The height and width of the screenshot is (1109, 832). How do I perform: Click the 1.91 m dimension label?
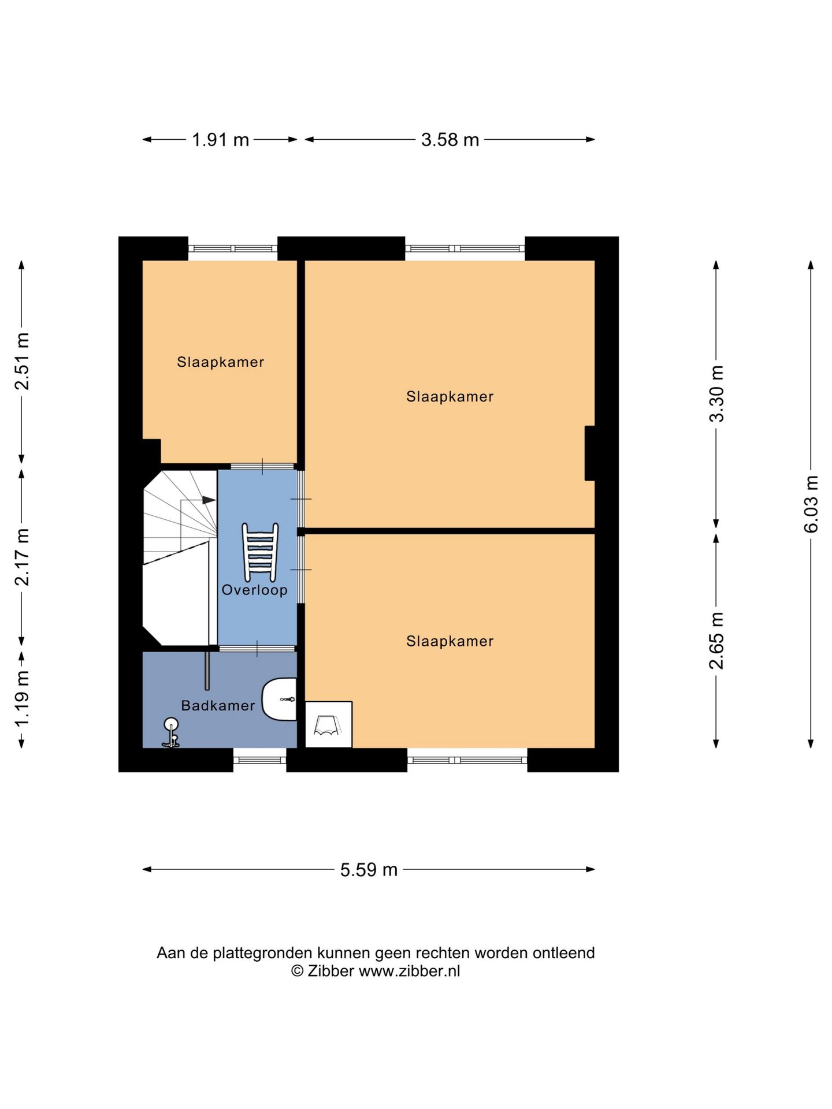click(220, 140)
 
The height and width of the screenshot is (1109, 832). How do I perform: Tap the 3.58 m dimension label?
click(450, 140)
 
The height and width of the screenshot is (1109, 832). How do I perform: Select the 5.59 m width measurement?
click(369, 870)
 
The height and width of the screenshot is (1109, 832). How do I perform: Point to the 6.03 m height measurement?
click(811, 504)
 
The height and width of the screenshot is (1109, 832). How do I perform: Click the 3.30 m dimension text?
click(716, 394)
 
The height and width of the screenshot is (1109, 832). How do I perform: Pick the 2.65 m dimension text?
click(716, 641)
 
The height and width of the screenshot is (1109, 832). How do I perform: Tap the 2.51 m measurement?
click(22, 362)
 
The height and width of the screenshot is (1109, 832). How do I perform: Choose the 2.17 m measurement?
click(22, 557)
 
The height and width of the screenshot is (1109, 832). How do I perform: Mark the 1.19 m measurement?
click(22, 699)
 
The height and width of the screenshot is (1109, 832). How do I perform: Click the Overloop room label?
click(255, 590)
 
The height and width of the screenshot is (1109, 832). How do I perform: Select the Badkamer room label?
click(218, 705)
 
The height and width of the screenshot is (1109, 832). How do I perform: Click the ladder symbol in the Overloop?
click(260, 552)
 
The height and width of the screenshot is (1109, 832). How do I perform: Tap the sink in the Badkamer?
click(279, 699)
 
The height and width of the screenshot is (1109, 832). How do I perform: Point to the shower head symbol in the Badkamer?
click(171, 733)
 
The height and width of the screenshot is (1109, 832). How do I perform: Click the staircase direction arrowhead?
click(209, 500)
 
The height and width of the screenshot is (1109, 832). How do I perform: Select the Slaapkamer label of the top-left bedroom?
click(221, 362)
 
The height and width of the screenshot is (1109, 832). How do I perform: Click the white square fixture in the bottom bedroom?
click(329, 724)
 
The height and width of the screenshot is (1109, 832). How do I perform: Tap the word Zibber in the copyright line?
click(330, 972)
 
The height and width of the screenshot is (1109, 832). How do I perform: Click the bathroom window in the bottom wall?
click(260, 760)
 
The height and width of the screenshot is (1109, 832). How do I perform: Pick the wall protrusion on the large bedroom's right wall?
click(590, 453)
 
